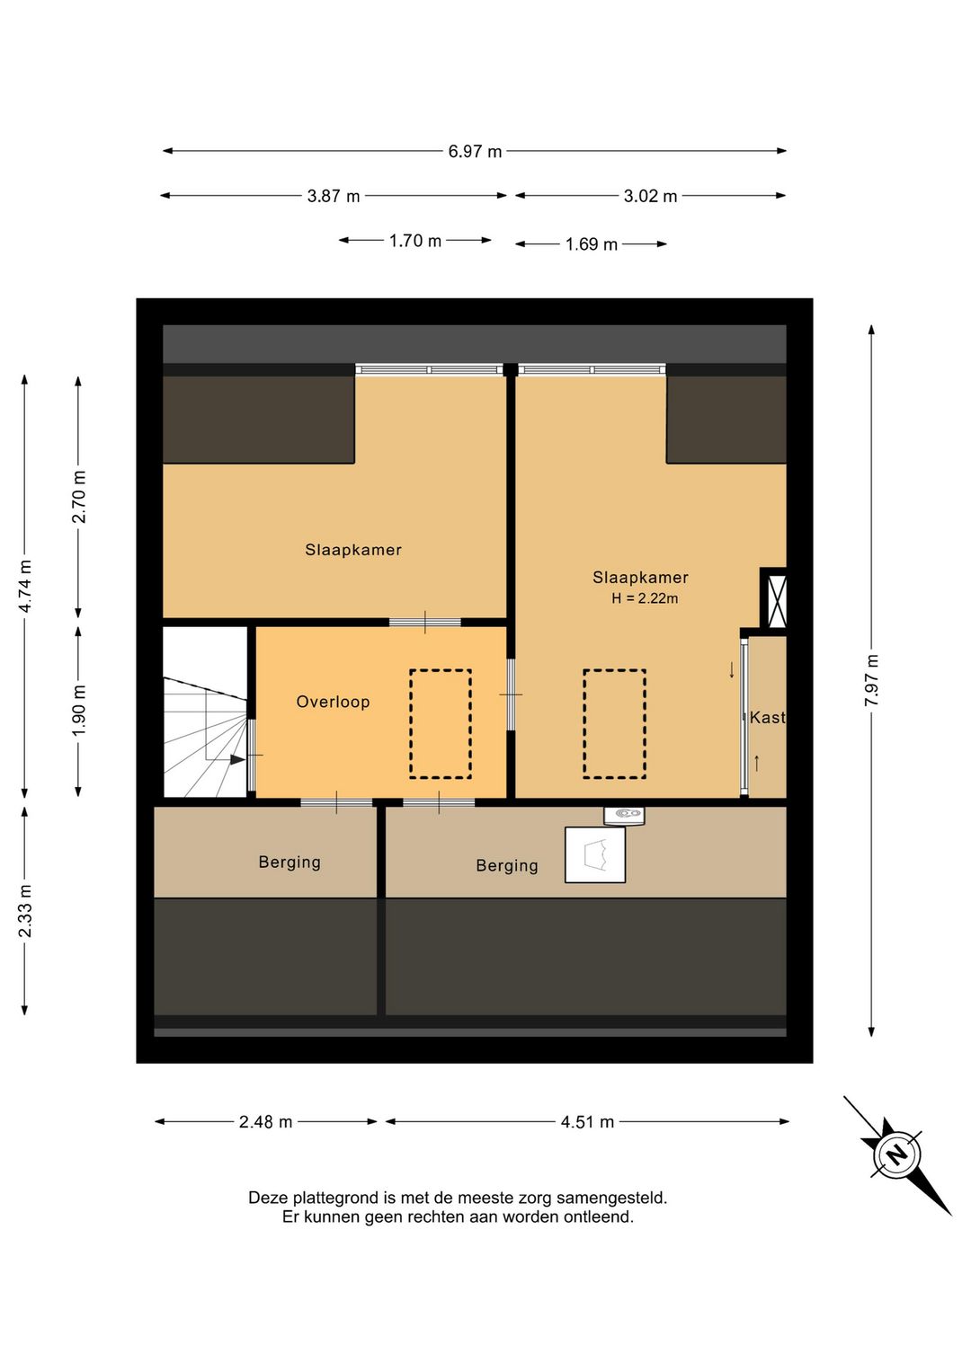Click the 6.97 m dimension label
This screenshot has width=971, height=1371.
pyautogui.click(x=475, y=151)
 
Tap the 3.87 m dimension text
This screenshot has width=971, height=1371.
pyautogui.click(x=334, y=197)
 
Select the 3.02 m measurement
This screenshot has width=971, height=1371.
pyautogui.click(x=650, y=197)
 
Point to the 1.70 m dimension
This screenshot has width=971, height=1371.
pyautogui.click(x=414, y=241)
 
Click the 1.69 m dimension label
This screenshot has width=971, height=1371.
pyautogui.click(x=591, y=244)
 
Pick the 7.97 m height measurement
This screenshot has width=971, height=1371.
pyautogui.click(x=871, y=680)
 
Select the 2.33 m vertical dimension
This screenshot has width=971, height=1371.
pyautogui.click(x=25, y=911)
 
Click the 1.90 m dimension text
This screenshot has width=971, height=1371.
pyautogui.click(x=79, y=711)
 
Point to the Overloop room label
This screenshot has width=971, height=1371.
pyautogui.click(x=333, y=702)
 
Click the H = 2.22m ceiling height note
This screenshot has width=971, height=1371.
pyautogui.click(x=645, y=598)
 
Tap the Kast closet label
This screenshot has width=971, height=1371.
pyautogui.click(x=767, y=717)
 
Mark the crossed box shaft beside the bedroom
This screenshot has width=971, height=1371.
pyautogui.click(x=773, y=598)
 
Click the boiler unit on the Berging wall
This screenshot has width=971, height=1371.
pyautogui.click(x=624, y=814)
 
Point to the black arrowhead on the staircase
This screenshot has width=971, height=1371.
pyautogui.click(x=237, y=759)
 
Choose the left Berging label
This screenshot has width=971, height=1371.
pyautogui.click(x=290, y=862)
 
